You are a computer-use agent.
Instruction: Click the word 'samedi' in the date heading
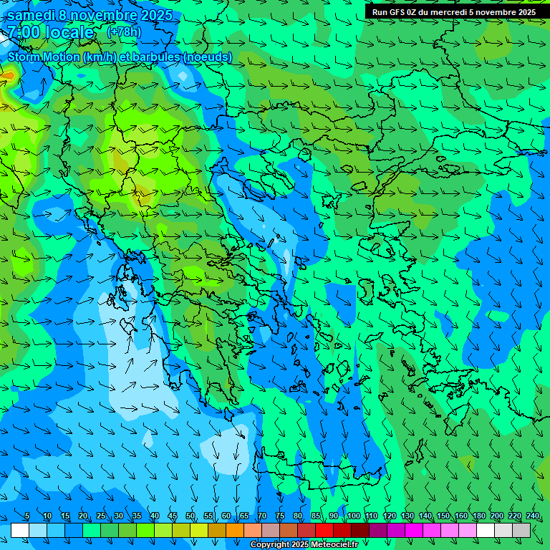coord(32,15)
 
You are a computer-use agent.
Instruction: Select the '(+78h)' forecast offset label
coord(124,32)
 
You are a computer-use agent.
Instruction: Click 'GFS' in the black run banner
coord(398,12)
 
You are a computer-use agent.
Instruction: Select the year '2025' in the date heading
coord(155,15)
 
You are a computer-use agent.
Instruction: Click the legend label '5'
coord(27,516)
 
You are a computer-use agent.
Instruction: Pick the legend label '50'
coord(190,516)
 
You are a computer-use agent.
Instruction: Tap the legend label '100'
coord(353,516)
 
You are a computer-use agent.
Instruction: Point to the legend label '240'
coord(532,516)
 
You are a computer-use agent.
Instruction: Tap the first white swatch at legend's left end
coord(20,531)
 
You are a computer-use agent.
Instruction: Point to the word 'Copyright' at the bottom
coord(270,545)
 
